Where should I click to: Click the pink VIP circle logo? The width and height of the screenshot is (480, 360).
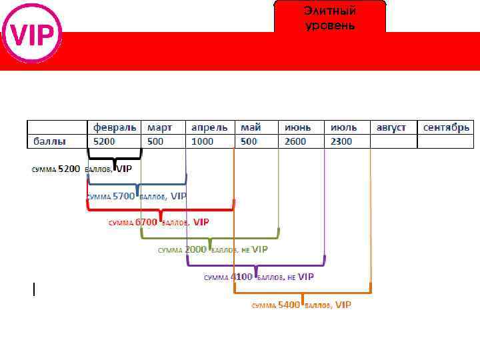32,33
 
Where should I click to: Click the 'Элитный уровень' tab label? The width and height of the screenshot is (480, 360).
329,18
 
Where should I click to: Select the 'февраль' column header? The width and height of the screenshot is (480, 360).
114,127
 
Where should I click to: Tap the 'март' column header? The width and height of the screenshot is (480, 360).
159,127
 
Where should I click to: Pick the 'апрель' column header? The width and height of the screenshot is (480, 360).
209,127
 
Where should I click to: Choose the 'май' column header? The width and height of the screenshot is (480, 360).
251,127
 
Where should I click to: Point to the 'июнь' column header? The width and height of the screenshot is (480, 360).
297,127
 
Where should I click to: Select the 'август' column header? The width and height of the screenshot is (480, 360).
391,127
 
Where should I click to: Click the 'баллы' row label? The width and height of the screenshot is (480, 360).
50,141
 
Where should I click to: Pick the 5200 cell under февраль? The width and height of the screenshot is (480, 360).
104,141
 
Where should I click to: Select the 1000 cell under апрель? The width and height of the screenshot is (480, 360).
202,141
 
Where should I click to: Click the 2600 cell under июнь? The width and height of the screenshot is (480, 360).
295,141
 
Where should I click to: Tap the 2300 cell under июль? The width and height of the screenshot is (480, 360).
341,141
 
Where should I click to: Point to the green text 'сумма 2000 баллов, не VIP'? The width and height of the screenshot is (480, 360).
213,249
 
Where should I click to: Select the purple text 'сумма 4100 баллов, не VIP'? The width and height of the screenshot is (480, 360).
259,277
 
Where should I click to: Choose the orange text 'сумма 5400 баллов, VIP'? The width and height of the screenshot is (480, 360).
301,305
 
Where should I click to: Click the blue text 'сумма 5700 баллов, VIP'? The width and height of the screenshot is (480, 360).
137,196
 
